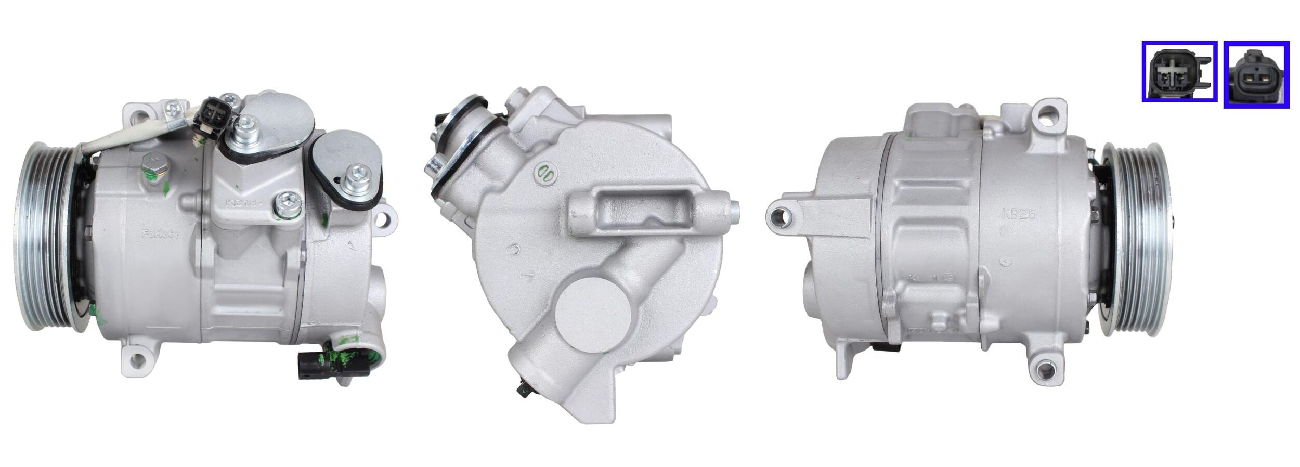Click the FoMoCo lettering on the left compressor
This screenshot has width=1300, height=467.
tap(161, 234)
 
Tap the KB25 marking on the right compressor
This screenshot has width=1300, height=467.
tap(1019, 214)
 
